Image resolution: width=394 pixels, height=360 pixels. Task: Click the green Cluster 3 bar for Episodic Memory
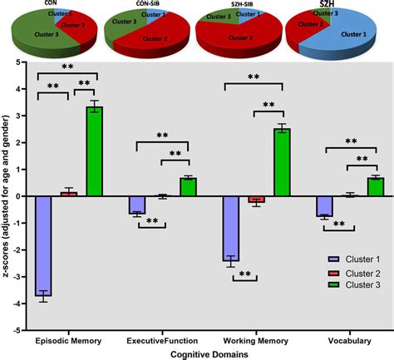pyautogui.click(x=94, y=152)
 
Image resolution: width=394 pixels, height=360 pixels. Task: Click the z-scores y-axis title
pyautogui.click(x=8, y=196)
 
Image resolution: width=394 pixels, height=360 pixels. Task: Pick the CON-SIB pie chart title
pyautogui.click(x=147, y=3)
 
